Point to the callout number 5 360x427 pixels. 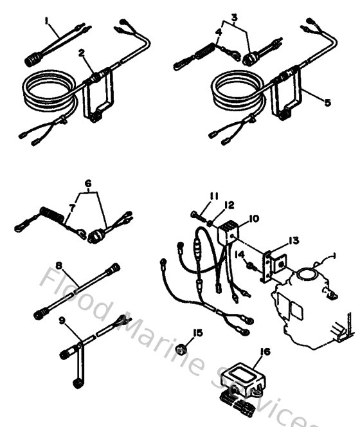point(328,102)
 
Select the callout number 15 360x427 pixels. point(198,332)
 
